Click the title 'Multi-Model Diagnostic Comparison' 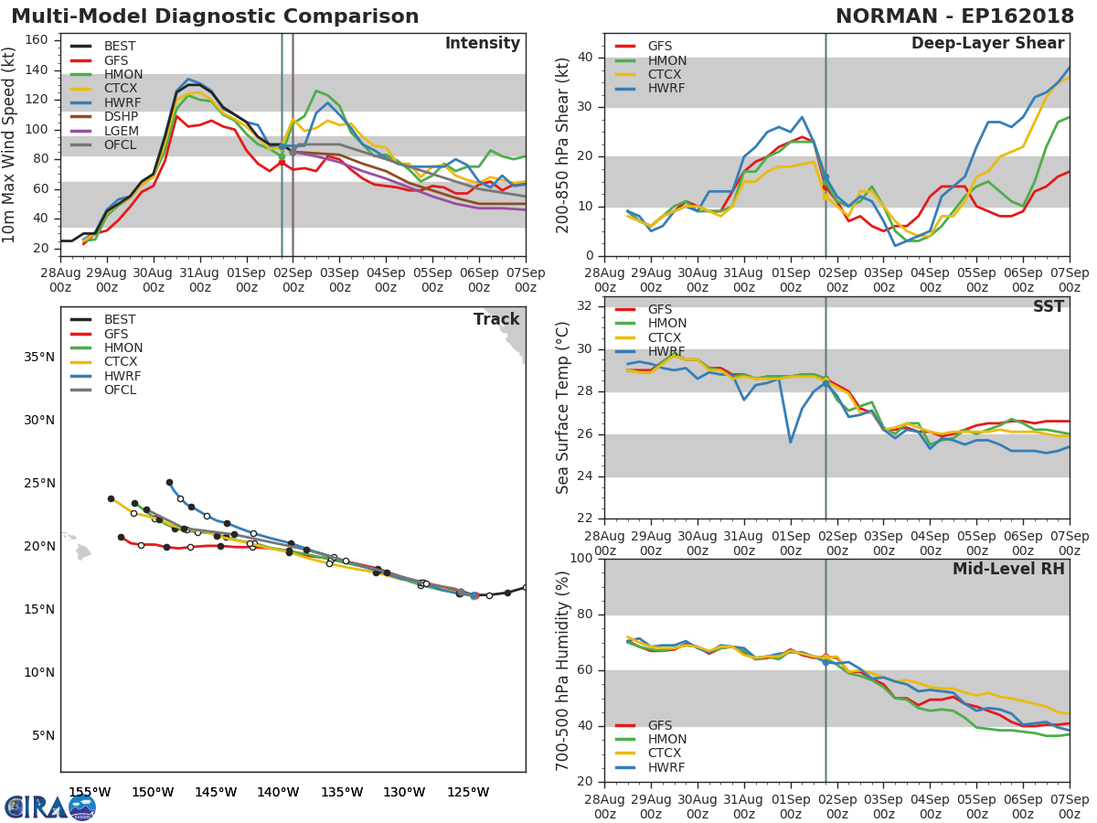pos(215,16)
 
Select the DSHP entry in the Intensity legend pos(120,117)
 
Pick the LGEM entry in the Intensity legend pos(120,131)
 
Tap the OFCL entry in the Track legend pos(120,390)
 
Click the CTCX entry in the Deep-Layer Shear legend pos(666,75)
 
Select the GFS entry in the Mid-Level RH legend pos(659,725)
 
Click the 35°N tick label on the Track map pos(38,357)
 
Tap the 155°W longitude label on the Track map pos(90,792)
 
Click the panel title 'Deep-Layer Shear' pos(987,44)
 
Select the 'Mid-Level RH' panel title pos(1008,569)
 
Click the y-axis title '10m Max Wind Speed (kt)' pos(10,144)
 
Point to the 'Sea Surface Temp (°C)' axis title pos(563,408)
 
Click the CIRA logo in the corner pos(50,807)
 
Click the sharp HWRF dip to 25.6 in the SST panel pos(790,443)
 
